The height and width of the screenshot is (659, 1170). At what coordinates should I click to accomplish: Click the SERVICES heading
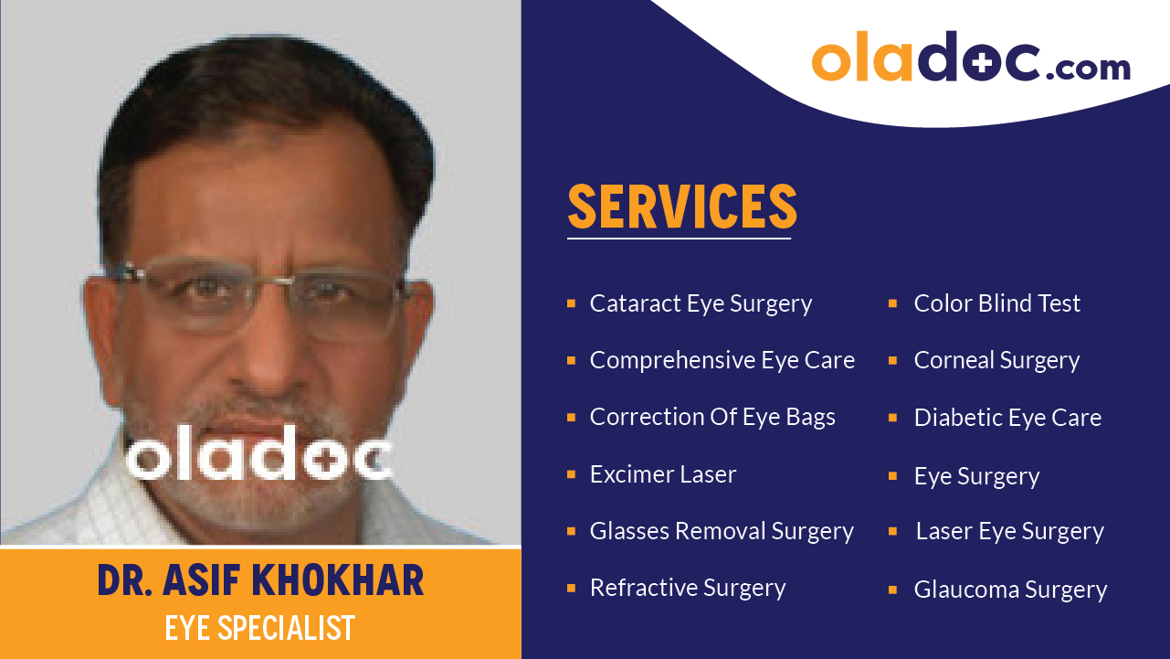682,207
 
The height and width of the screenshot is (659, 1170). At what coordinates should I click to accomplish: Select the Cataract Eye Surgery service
701,303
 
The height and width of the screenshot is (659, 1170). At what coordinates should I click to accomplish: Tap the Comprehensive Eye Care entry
722,360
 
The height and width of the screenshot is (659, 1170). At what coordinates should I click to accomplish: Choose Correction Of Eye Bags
712,417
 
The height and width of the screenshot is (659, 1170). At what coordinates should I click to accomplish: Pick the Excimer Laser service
663,474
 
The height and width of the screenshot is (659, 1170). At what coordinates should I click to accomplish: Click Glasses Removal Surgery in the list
722,531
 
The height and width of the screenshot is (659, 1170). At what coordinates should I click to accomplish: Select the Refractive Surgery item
688,588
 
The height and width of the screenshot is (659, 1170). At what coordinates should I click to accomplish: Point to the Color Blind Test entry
996,303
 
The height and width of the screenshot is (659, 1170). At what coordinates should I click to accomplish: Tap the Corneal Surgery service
996,360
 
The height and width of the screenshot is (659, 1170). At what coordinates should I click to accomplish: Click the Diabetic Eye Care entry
1007,418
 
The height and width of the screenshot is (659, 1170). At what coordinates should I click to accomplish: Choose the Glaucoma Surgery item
1010,590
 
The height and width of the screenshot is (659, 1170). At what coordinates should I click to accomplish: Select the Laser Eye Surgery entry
1009,531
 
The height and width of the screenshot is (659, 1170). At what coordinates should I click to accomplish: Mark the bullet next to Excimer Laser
571,474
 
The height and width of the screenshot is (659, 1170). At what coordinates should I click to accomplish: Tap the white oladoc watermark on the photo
258,454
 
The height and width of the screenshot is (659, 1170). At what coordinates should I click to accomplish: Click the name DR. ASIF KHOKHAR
260,581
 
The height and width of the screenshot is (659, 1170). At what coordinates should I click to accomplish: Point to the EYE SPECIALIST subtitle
260,628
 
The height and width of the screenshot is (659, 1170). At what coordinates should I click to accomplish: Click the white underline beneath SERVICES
679,239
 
